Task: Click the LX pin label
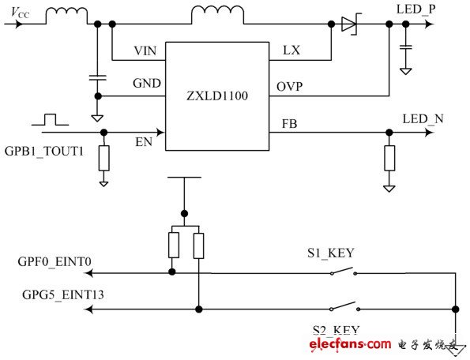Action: pos(291,51)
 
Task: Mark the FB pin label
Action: pos(290,124)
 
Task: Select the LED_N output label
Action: pos(423,119)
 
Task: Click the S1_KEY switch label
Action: pos(330,253)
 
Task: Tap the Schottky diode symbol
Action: pos(350,24)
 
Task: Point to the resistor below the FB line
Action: pos(388,158)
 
